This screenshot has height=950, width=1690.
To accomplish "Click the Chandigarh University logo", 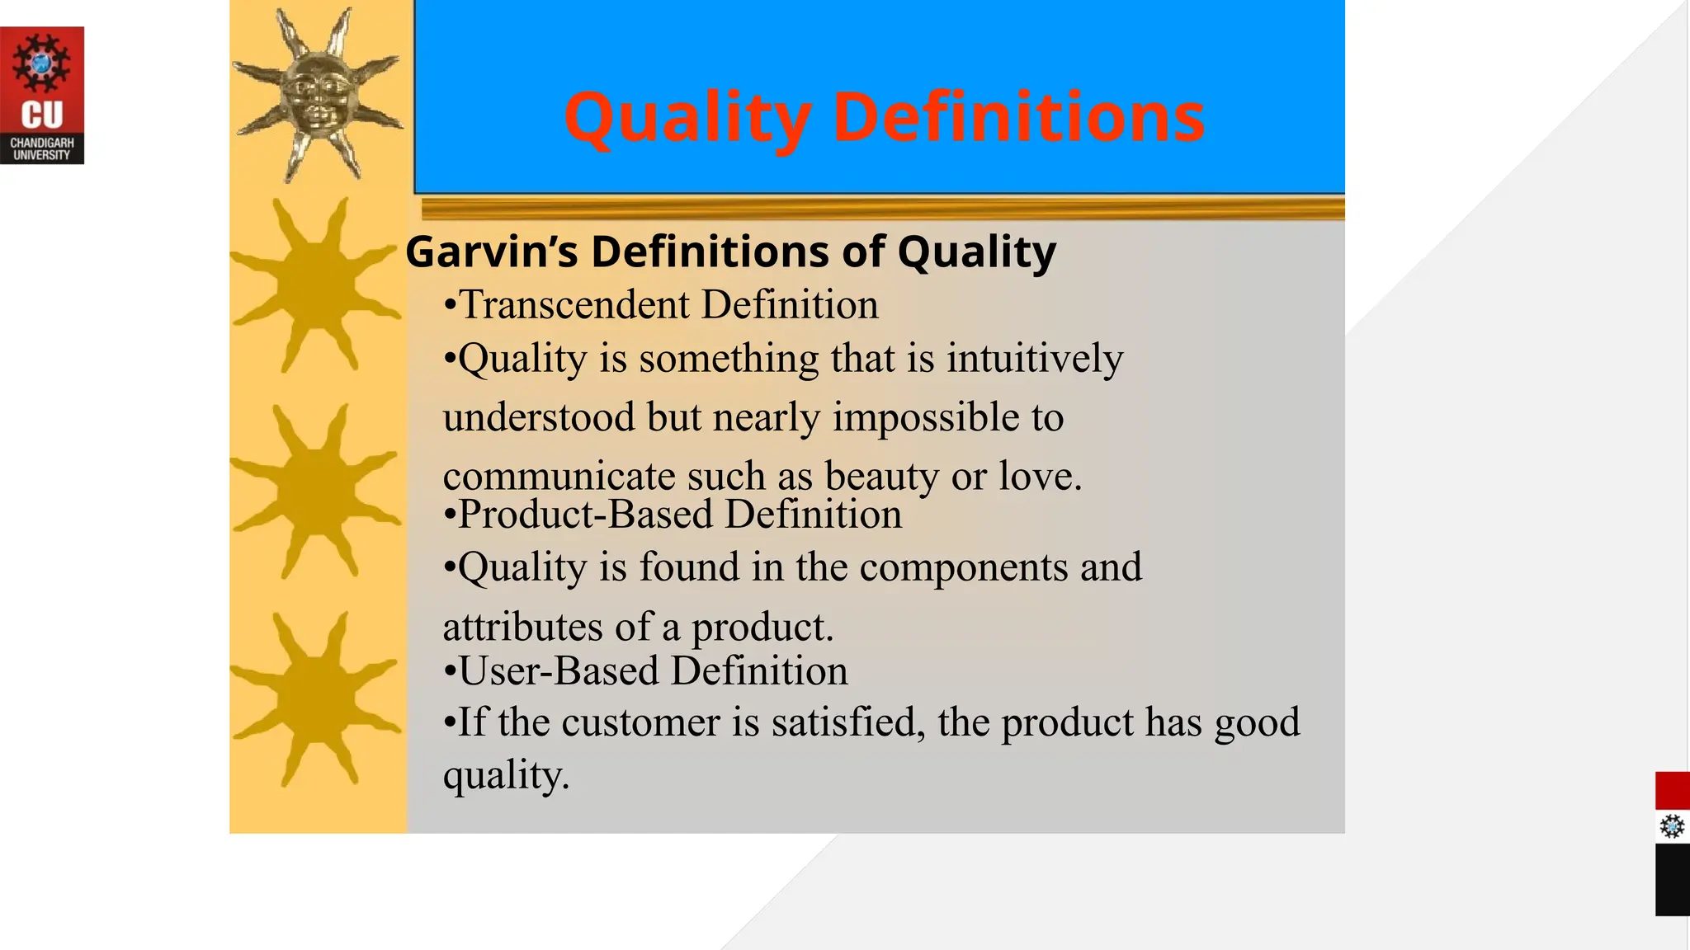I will [41, 95].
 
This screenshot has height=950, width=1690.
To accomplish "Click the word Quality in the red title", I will [687, 118].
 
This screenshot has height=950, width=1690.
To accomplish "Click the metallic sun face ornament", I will [318, 92].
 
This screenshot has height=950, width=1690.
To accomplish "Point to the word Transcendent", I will [574, 304].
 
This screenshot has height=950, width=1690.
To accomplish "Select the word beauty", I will [881, 477].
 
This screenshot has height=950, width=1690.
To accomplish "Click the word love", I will [1038, 477].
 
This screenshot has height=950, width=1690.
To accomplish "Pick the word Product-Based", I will [585, 515].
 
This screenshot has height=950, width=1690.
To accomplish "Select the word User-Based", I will [558, 670].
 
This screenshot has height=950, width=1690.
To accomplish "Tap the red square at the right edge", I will [1672, 790].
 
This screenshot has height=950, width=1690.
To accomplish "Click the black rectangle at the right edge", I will [1672, 879].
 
